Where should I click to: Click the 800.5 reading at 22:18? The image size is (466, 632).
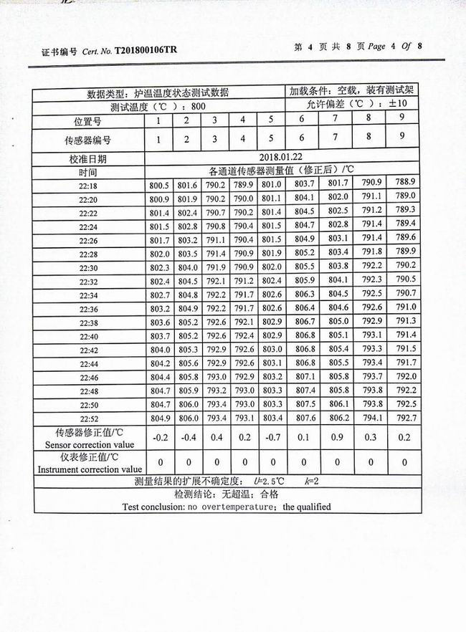pos(158,186)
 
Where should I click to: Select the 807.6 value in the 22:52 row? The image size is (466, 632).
pos(305,418)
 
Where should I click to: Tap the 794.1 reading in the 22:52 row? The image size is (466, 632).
pos(371,417)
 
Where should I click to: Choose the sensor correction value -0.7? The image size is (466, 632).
pos(272,438)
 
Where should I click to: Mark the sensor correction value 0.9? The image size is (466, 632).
pos(338,437)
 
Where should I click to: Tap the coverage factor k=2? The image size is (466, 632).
pos(310,482)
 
